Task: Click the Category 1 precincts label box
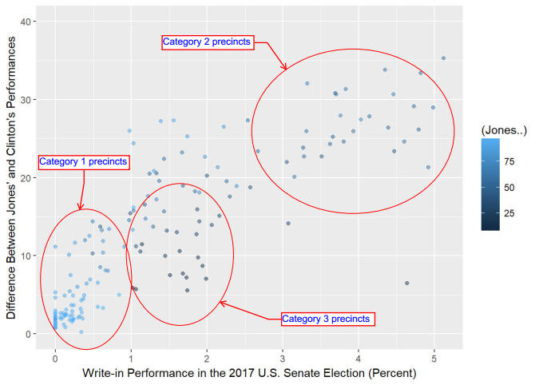point(83,161)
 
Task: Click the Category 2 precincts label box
point(207,42)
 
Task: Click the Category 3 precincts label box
point(327,319)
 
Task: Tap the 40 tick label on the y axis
point(27,22)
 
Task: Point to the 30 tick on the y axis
point(27,100)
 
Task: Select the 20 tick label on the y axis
point(27,177)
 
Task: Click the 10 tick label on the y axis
point(27,256)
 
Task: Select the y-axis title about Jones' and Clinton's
point(11,177)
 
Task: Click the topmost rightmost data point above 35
point(443,58)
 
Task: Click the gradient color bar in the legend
point(491,184)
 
